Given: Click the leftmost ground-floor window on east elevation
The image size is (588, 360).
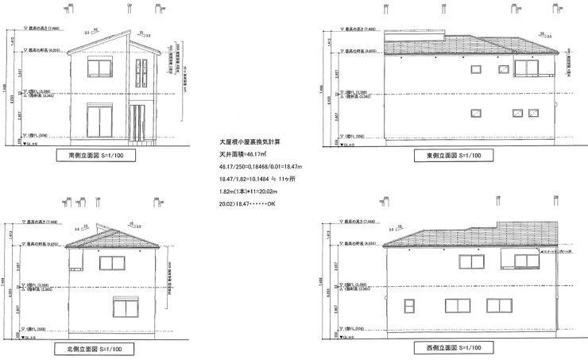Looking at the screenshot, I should coord(477,113).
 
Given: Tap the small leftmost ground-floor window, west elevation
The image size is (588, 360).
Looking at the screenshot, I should coord(410,306).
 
